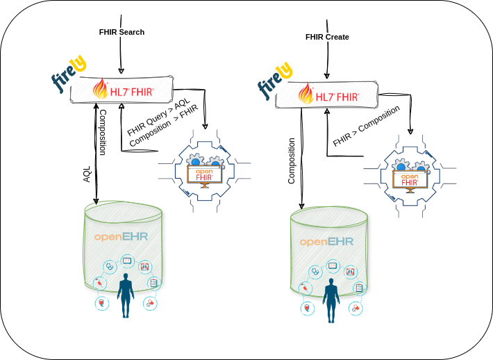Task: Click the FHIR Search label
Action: click(x=122, y=32)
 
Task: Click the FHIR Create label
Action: click(x=327, y=37)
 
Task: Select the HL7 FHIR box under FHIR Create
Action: click(x=328, y=95)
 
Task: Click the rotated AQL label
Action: click(x=87, y=174)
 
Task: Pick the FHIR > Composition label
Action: click(x=366, y=126)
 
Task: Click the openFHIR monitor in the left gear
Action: click(x=205, y=174)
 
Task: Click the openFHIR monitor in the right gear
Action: click(x=410, y=179)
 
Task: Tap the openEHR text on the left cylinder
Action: click(x=122, y=237)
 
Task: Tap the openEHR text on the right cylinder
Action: click(x=326, y=242)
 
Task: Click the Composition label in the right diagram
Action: click(x=292, y=161)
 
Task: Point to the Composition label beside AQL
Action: click(x=102, y=131)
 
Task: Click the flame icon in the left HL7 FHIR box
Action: click(x=101, y=89)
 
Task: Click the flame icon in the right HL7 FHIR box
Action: click(x=306, y=93)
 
